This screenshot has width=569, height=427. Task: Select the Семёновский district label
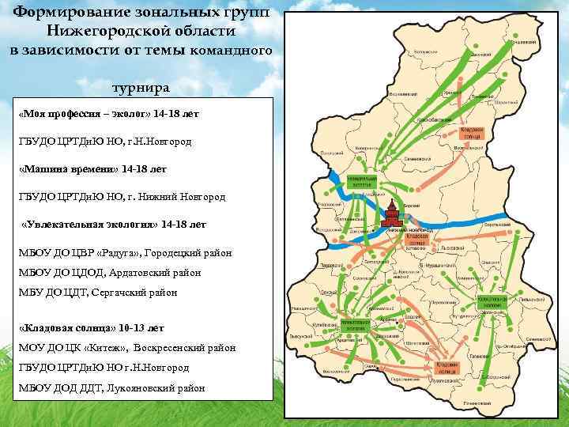pos(416,156)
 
